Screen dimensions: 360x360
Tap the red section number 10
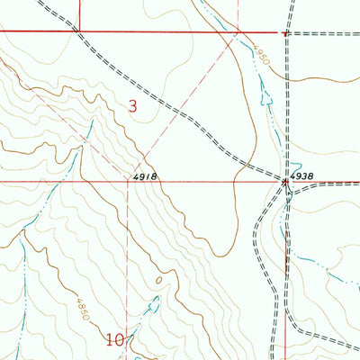[114, 340]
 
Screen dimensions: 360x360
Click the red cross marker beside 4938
[286, 181]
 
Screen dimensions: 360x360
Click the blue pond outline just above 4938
[293, 166]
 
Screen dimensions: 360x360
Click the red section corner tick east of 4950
[284, 33]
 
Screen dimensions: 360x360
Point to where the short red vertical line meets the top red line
[79, 31]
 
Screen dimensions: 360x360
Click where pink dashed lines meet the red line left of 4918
[128, 181]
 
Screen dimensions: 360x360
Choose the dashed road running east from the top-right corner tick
[324, 33]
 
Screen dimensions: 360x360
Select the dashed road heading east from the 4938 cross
[328, 184]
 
